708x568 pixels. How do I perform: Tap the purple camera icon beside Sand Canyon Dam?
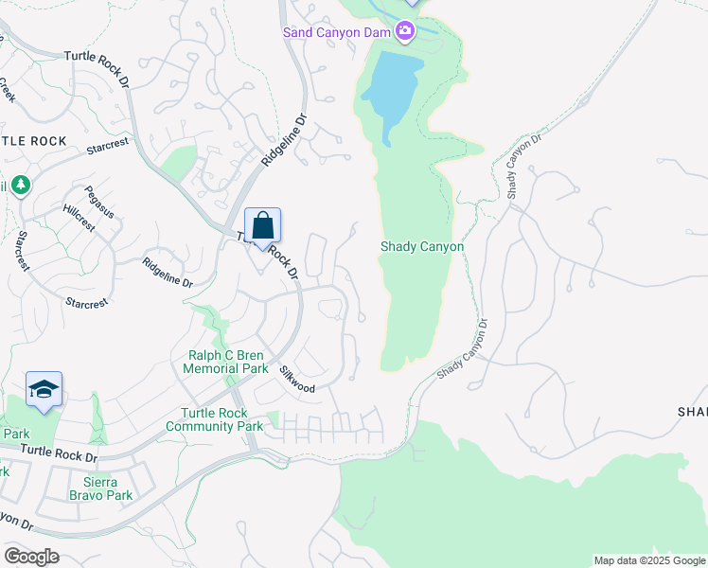tap(405, 33)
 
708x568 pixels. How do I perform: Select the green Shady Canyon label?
tap(422, 246)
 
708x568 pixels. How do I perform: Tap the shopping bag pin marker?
tap(263, 227)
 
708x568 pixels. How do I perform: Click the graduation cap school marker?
tap(44, 390)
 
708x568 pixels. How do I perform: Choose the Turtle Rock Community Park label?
tap(214, 419)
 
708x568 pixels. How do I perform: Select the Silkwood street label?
tap(296, 380)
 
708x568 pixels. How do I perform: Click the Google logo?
tap(30, 557)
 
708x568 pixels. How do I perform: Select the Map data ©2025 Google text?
tap(648, 560)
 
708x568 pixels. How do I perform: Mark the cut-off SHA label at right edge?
tap(692, 411)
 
